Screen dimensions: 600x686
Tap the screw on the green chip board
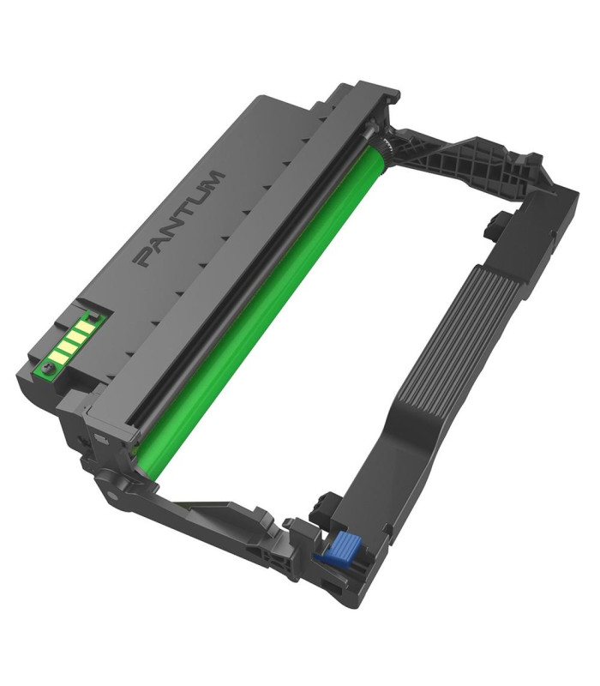[48, 369]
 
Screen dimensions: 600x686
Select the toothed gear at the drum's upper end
[385, 146]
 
